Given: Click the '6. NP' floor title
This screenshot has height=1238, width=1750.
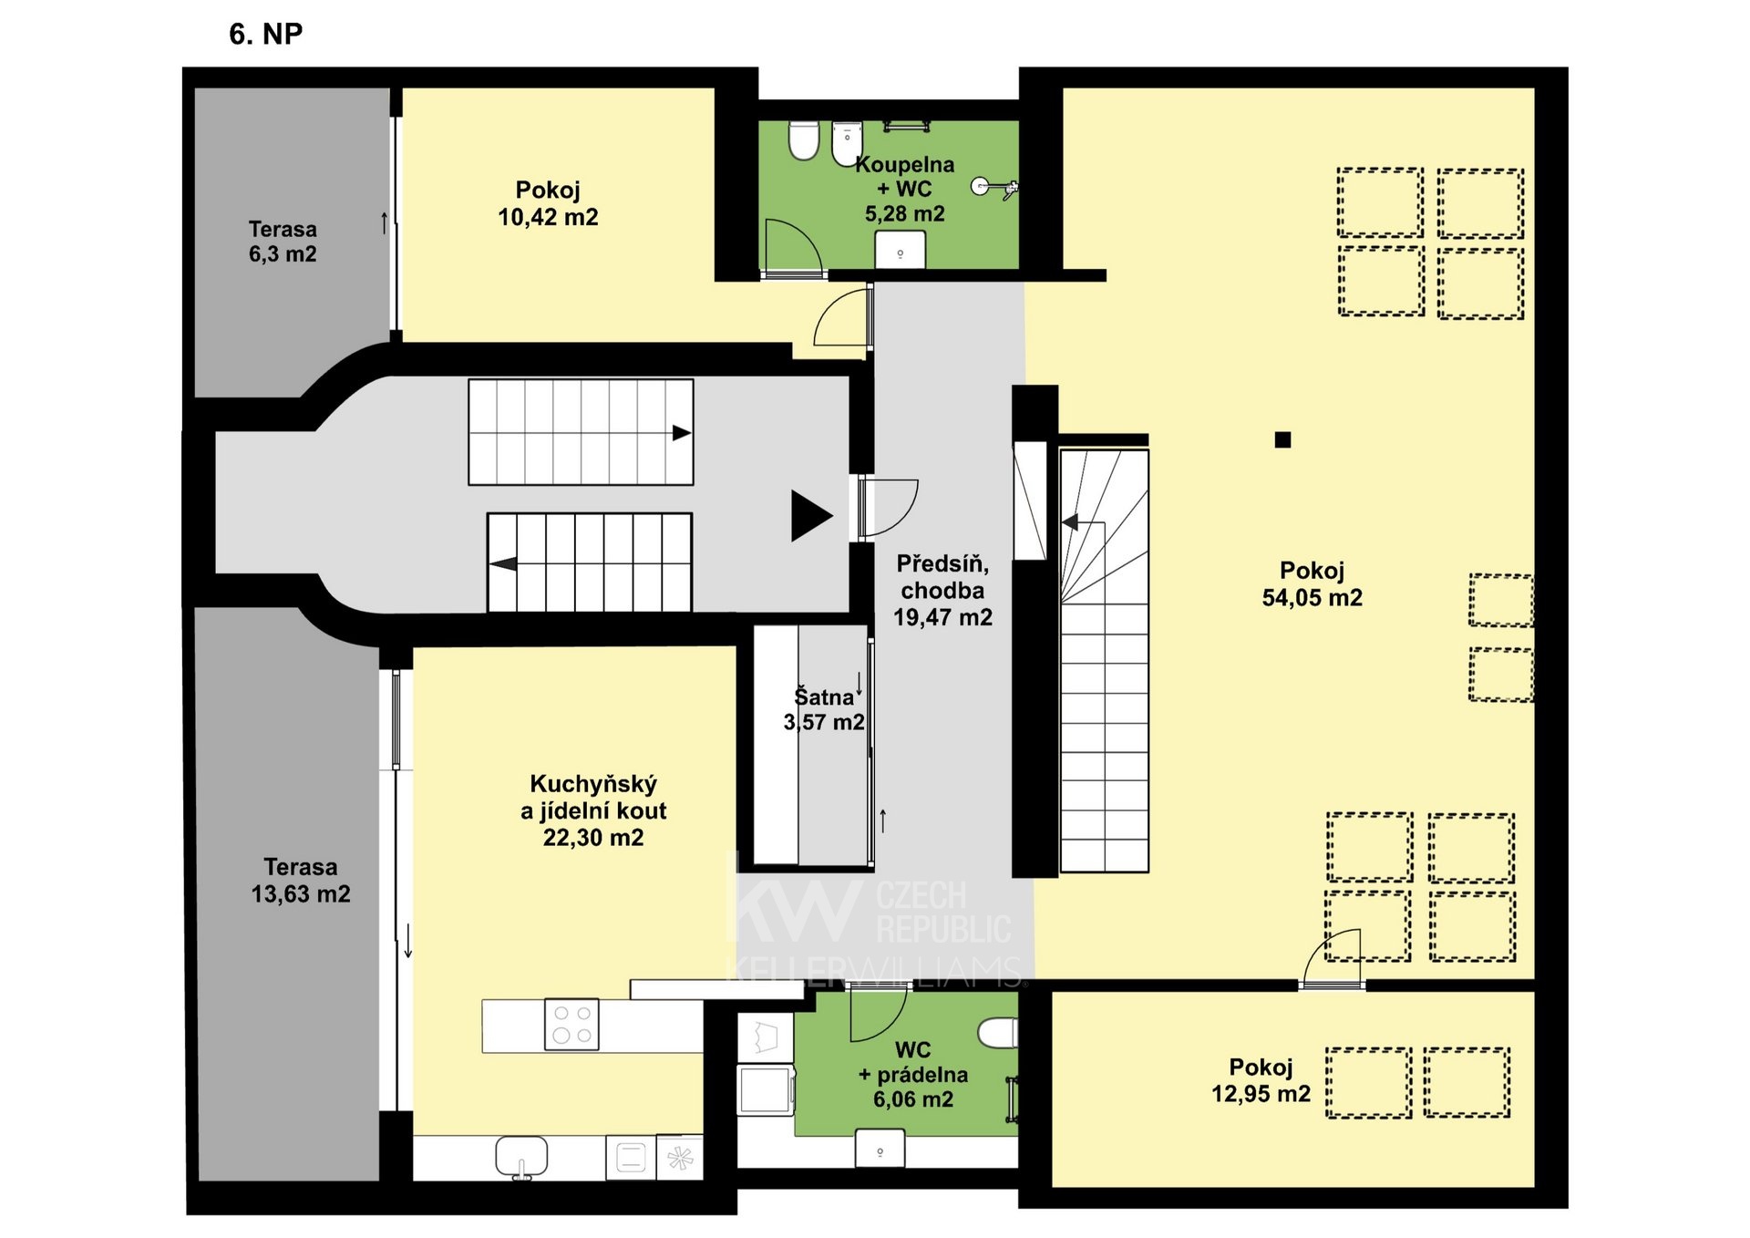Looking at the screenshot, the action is point(265,34).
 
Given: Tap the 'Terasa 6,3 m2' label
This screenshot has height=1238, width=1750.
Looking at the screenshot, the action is point(283,242).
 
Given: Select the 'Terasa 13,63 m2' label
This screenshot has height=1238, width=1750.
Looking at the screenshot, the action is point(301,881).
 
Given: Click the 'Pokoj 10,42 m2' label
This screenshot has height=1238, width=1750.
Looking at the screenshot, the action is point(548,203).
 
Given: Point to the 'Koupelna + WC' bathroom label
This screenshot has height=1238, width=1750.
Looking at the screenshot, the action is point(905,177).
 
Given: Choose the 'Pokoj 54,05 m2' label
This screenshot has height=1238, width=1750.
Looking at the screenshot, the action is point(1312,584).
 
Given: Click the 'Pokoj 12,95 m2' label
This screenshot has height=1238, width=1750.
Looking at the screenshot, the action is point(1261,1080).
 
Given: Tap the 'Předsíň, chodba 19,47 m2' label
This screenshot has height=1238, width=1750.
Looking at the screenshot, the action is point(942,590).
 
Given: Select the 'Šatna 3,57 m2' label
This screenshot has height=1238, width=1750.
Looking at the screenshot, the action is point(824,709).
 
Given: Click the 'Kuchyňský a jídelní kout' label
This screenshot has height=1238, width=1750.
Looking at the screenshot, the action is point(593,797).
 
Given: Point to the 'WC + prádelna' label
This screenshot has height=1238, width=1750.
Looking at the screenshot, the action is point(913,1062).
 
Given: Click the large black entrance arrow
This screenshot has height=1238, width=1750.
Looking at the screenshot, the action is point(811,516).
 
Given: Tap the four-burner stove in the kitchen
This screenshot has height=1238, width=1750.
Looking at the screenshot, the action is point(571,1025).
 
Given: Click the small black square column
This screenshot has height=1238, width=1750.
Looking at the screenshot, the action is point(1282,439).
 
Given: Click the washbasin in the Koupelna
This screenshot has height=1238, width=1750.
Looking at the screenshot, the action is point(900,250).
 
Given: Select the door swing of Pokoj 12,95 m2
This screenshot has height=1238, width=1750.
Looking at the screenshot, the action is point(1332,957).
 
